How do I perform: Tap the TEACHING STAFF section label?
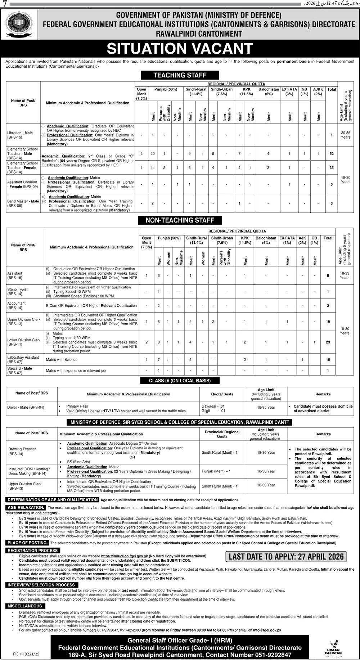[x=180, y=75]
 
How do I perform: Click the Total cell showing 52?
[x=331, y=154]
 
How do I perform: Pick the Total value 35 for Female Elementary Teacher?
[x=331, y=168]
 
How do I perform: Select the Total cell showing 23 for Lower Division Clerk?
[x=328, y=342]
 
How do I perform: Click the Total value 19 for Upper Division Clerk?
[x=328, y=322]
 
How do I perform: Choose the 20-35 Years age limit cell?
[x=346, y=135]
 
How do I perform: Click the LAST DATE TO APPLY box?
[x=286, y=556]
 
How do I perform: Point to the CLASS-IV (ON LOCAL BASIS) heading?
[x=180, y=381]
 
